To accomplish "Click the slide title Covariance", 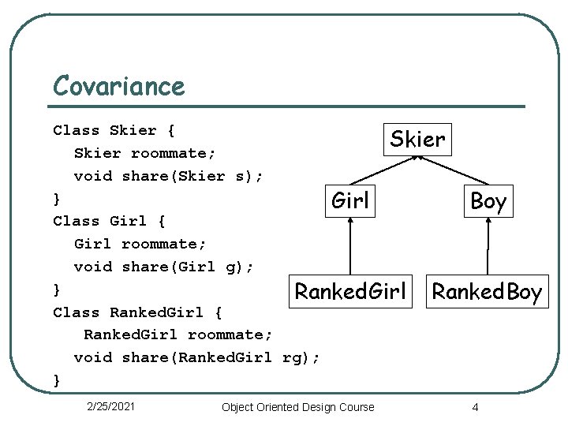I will point(118,85).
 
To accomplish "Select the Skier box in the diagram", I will point(417,140).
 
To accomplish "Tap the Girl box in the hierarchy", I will point(350,200).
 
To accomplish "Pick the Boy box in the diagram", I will point(488,201).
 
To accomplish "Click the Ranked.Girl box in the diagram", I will point(349,292).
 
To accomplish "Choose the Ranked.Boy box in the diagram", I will point(487,293).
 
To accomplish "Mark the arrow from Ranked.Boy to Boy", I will point(488,246).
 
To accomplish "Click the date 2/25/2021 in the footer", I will point(110,406).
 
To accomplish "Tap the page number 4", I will point(475,407).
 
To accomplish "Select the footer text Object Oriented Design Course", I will point(298,407).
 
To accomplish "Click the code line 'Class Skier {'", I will point(114,130).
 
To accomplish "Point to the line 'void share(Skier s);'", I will point(168,176).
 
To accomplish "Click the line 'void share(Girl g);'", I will point(163,267).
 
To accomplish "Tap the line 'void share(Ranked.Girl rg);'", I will point(196,357).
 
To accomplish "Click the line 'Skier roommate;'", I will point(144,153).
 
